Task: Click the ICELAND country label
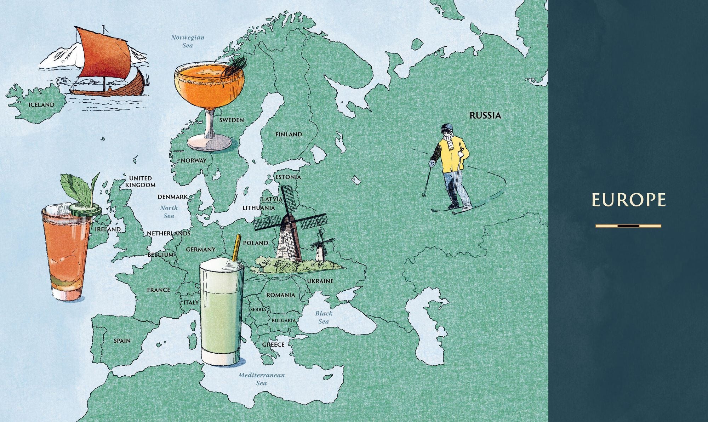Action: (41, 105)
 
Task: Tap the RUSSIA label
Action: (485, 115)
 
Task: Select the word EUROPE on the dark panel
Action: (628, 200)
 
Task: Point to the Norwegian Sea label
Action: (188, 41)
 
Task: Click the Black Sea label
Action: (324, 317)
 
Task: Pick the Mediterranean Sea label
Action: (261, 379)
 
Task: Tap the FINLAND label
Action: (289, 135)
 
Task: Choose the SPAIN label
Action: (122, 341)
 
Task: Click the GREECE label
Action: (273, 344)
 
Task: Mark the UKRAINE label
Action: (320, 281)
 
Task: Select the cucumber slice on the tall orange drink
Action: (85, 210)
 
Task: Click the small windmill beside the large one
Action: (320, 246)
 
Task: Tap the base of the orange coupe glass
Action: (209, 143)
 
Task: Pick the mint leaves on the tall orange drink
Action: (78, 188)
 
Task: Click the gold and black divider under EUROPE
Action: (628, 226)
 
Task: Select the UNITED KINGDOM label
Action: (140, 182)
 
